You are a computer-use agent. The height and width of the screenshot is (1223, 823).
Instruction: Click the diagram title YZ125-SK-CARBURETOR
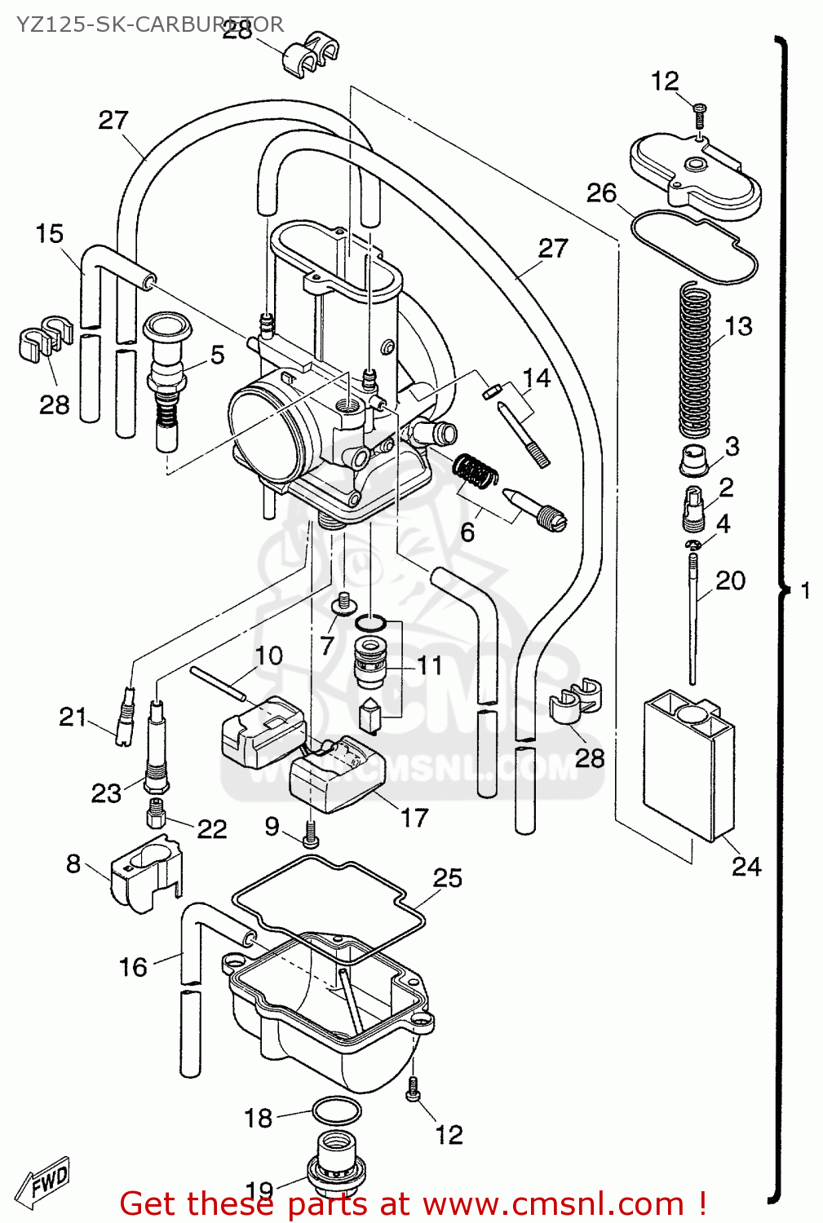(x=149, y=24)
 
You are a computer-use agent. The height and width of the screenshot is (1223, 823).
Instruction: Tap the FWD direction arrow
(x=46, y=1180)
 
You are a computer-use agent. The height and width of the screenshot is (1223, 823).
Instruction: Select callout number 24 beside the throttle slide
(x=746, y=866)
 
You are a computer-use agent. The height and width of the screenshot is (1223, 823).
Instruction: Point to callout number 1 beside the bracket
(x=806, y=589)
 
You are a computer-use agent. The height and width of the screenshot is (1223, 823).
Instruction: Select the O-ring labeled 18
(x=336, y=1111)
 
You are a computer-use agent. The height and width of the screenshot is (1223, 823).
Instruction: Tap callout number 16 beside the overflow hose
(x=133, y=967)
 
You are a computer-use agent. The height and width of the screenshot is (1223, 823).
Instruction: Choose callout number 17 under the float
(x=414, y=817)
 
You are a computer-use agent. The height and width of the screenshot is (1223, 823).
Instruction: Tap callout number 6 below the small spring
(x=467, y=532)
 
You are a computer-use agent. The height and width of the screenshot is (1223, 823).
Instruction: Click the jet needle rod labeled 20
(x=692, y=620)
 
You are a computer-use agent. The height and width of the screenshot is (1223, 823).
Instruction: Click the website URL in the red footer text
(x=554, y=1203)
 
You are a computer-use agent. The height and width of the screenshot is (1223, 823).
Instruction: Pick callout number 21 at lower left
(x=73, y=717)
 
